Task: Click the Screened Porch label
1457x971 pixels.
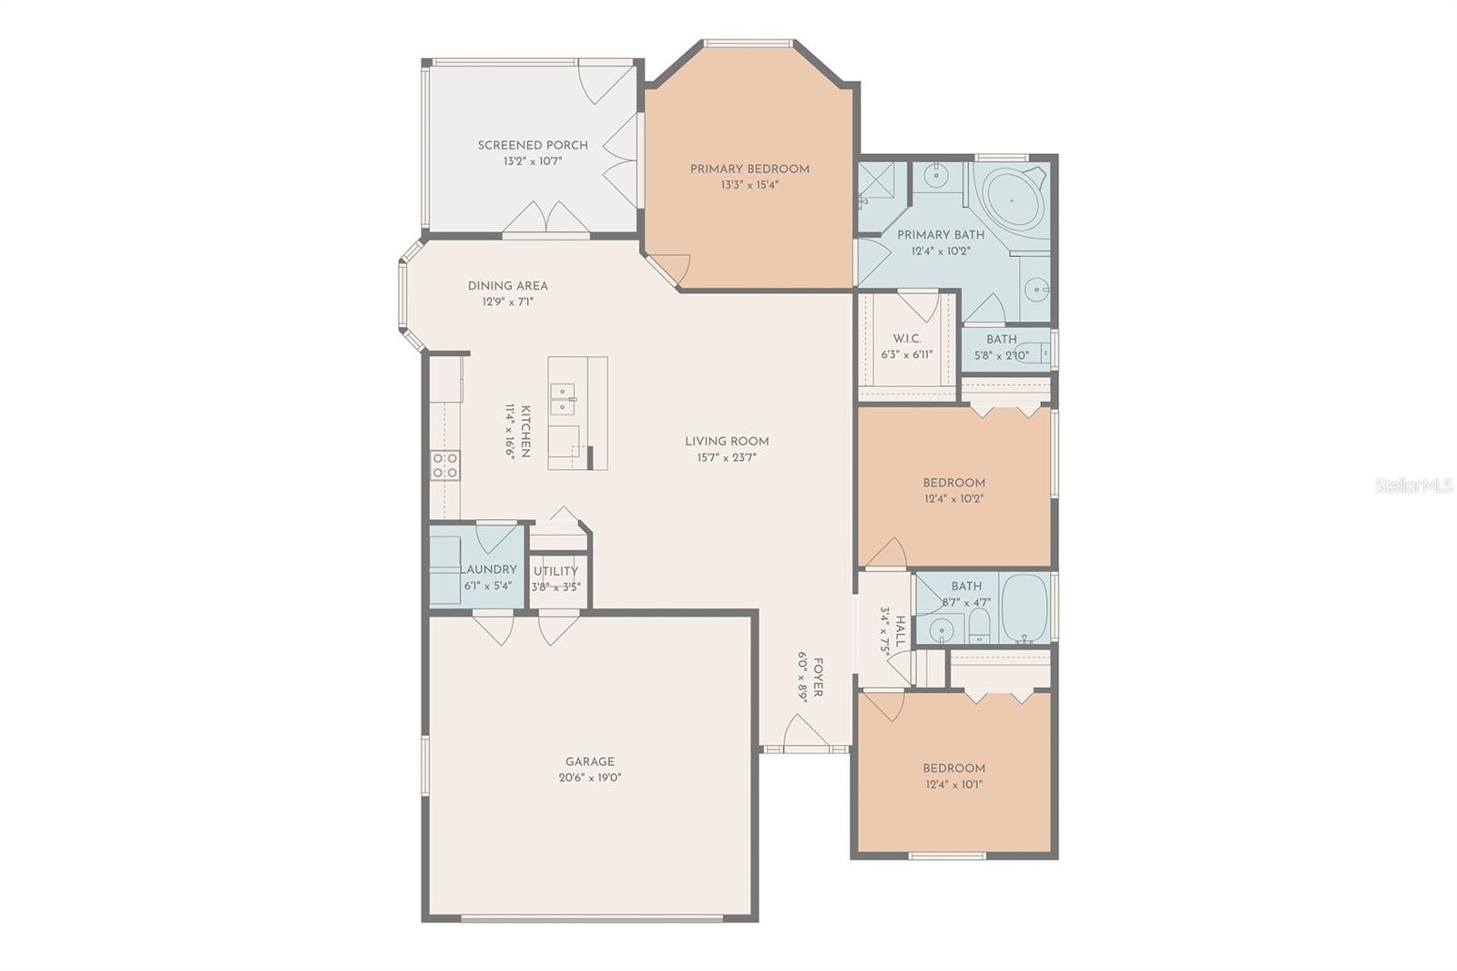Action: pyautogui.click(x=533, y=145)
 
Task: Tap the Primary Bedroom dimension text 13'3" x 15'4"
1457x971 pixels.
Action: pyautogui.click(x=749, y=185)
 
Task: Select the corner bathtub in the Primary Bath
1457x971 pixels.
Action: pyautogui.click(x=1010, y=199)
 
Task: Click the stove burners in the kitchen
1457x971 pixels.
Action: pyautogui.click(x=445, y=465)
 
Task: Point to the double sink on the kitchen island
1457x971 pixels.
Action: pyautogui.click(x=563, y=398)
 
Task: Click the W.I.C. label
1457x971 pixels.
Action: pyautogui.click(x=907, y=339)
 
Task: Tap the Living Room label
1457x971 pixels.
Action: pyautogui.click(x=727, y=442)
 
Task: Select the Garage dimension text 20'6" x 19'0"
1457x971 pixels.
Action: pyautogui.click(x=590, y=778)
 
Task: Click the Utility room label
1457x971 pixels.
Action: pyautogui.click(x=555, y=571)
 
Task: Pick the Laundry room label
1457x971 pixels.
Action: pyautogui.click(x=490, y=569)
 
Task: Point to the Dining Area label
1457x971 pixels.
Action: pyautogui.click(x=508, y=286)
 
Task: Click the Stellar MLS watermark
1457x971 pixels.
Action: pyautogui.click(x=1413, y=486)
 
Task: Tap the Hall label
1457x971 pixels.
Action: pyautogui.click(x=901, y=630)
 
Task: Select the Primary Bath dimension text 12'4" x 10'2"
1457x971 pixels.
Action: pyautogui.click(x=941, y=250)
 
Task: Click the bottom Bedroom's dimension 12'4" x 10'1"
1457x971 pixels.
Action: pyautogui.click(x=953, y=784)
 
